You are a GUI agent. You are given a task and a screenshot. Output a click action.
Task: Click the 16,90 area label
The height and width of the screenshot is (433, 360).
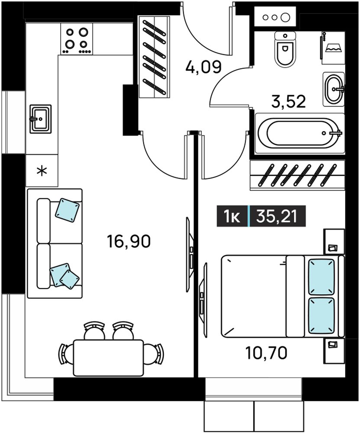point(129,241)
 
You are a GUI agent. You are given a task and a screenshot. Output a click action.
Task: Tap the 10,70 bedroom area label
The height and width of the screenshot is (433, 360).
point(266,353)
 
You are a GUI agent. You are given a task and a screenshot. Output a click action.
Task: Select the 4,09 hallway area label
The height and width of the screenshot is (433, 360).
point(204,67)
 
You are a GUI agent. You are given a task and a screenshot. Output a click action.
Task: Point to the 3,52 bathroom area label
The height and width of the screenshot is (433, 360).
point(289,101)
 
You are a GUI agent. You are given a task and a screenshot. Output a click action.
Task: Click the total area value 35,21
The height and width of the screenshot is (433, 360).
point(276,216)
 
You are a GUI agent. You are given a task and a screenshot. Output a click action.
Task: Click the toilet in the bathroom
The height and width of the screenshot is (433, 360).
point(285,49)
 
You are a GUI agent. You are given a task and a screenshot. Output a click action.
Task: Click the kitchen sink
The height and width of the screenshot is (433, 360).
point(41,119)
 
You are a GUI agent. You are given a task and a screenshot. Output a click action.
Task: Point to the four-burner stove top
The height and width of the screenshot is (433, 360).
point(77,39)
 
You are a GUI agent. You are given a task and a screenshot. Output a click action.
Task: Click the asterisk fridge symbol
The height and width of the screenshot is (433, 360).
point(42,171)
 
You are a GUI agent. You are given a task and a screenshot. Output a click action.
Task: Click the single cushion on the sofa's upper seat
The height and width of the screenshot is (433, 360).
point(67,210)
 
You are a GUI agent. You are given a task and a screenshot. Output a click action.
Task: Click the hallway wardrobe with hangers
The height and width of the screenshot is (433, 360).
point(154,57)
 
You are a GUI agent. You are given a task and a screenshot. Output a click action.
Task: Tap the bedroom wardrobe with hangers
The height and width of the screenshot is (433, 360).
point(298,176)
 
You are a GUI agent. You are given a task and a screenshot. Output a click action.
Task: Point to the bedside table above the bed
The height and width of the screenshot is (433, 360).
point(334,241)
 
